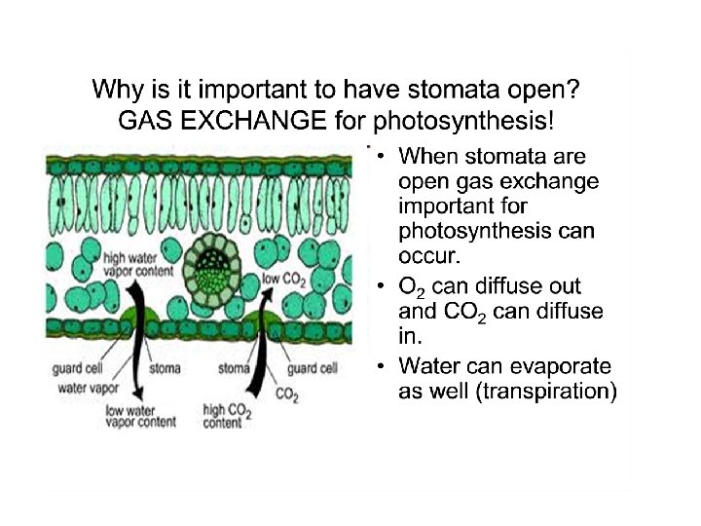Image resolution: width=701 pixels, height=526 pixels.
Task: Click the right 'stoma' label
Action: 235,369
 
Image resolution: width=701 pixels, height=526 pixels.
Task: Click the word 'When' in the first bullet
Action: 429,156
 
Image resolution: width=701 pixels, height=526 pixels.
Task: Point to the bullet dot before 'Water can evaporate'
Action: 384,367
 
